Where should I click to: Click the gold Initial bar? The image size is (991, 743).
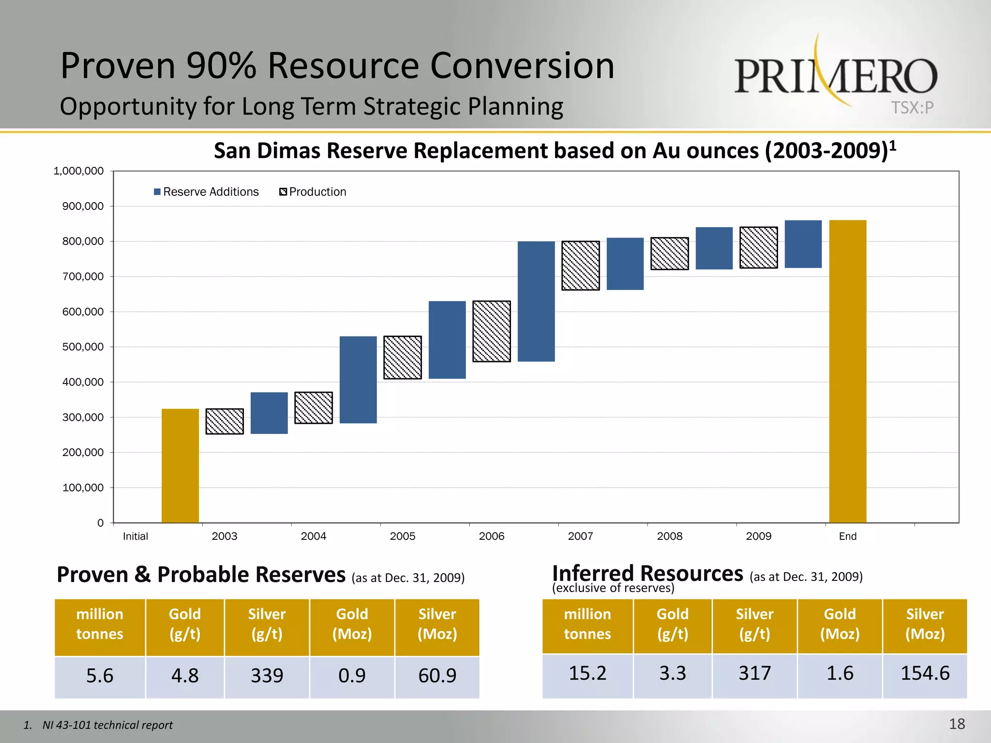pos(180,465)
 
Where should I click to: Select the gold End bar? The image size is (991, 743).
pos(847,371)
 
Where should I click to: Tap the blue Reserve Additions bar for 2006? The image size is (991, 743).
pos(536,301)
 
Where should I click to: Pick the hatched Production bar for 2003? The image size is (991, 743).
pos(225,421)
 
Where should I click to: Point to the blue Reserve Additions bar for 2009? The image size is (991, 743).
pos(803,244)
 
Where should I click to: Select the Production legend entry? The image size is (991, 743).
pos(313,192)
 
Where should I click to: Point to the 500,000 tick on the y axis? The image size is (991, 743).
pos(83,347)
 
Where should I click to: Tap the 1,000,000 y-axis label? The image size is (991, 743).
pos(78,171)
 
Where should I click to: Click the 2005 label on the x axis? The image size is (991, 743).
pos(403,536)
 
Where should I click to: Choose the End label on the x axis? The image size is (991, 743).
pos(847,536)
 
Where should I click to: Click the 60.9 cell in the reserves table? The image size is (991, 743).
pos(437,676)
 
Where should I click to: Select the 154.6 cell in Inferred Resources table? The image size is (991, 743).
pos(925,673)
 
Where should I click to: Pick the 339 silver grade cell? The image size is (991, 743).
pos(267,676)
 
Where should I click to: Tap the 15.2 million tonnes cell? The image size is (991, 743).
pos(587,673)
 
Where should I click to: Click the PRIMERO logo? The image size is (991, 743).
pos(836,75)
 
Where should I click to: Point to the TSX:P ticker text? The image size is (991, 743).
pos(912,107)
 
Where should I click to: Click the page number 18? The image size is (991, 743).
pos(957,724)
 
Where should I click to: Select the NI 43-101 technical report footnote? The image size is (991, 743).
pos(107,725)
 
